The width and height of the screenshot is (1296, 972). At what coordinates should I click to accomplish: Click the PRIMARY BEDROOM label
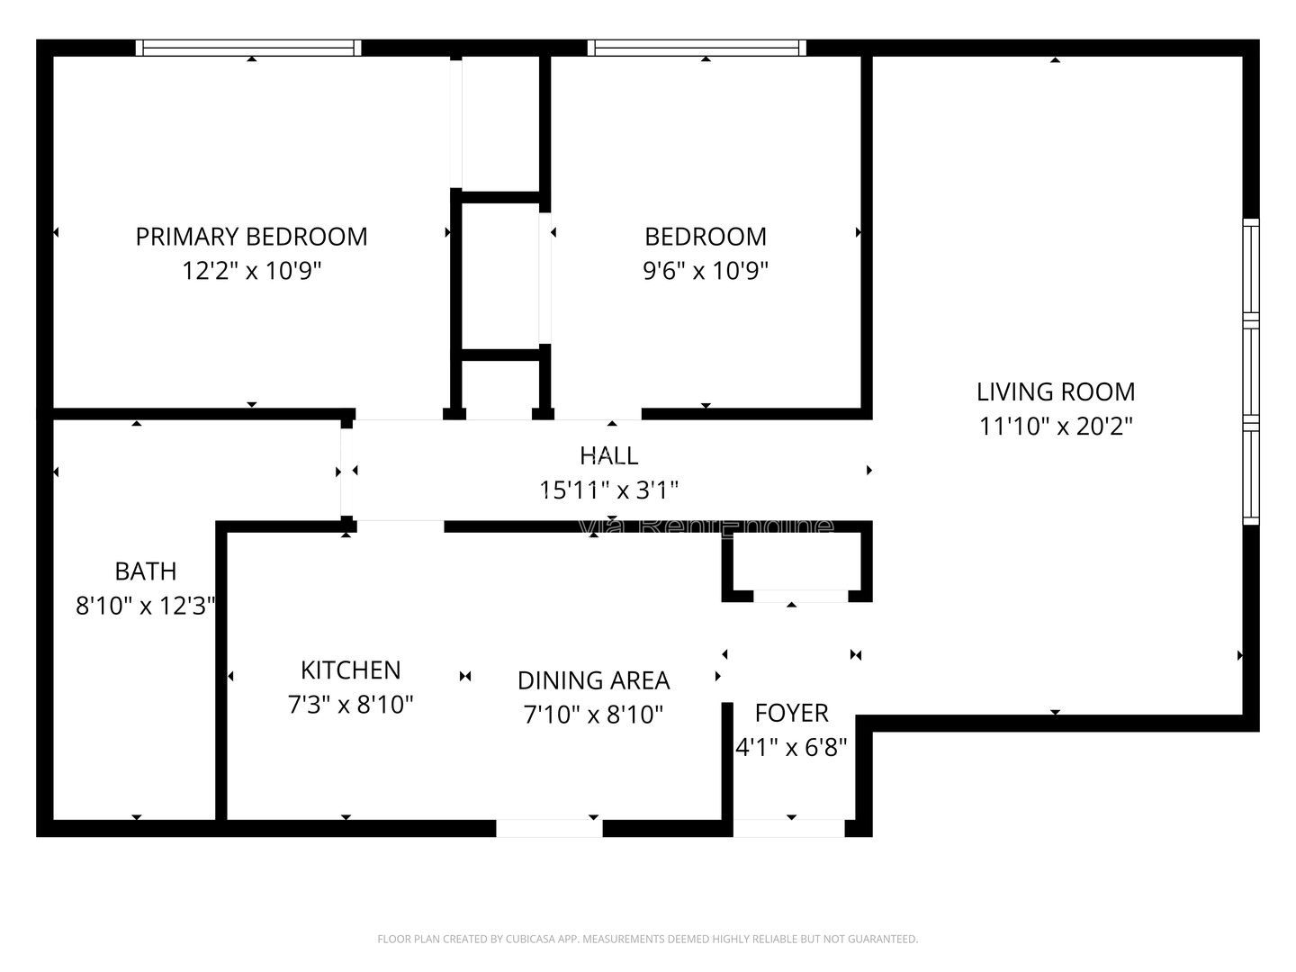click(251, 237)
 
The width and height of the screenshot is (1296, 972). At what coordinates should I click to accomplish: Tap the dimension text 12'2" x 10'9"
click(251, 271)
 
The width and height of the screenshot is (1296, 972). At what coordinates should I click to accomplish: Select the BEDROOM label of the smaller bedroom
click(706, 237)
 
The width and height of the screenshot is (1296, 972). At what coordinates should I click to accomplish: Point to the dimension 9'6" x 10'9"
click(706, 271)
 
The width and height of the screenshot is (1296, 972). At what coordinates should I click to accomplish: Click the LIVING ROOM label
click(1055, 391)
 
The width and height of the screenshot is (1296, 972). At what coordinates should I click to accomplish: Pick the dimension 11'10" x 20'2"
click(1055, 426)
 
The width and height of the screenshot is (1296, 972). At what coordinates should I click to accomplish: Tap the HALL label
click(609, 455)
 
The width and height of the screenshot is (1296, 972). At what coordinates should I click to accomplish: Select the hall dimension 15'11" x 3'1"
click(609, 490)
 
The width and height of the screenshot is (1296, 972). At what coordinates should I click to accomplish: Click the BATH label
click(145, 571)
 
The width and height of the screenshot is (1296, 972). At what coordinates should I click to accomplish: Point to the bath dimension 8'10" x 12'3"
click(145, 606)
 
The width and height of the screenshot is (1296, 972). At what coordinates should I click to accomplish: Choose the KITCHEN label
click(350, 670)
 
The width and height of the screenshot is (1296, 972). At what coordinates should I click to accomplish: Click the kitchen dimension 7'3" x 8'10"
click(350, 705)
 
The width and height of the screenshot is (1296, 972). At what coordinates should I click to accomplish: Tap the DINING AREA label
click(593, 680)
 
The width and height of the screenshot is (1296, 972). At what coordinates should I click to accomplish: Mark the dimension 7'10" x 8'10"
click(593, 715)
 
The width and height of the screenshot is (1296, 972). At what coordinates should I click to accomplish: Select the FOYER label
click(791, 713)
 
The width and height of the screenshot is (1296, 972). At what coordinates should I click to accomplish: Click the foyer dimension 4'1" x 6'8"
click(791, 747)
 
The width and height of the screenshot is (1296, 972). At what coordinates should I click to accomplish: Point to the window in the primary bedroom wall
click(248, 48)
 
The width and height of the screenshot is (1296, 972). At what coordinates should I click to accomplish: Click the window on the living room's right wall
click(1250, 371)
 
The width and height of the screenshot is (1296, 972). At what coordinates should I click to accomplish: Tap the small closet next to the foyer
click(797, 562)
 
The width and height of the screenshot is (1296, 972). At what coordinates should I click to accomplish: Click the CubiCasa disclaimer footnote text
click(647, 939)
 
